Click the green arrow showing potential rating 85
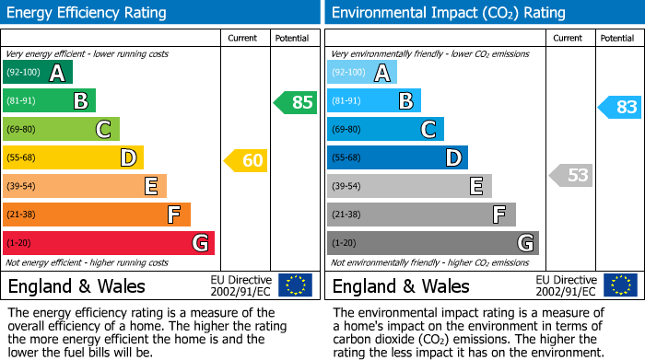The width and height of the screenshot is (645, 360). pos(295,103)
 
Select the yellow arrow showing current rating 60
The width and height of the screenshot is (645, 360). pos(245,161)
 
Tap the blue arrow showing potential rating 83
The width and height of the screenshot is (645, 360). pos(619,108)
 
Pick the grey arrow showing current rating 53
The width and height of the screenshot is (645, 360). pos(570,175)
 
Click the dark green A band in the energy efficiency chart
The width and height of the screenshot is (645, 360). pos(37,73)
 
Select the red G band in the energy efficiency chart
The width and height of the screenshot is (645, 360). pos(108,243)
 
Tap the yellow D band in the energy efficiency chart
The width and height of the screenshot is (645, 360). pos(73,158)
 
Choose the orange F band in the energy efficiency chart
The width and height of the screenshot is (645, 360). pos(96,215)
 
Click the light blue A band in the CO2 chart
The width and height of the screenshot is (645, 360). pos(361,73)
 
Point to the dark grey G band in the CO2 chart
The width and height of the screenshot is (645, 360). pos(432,243)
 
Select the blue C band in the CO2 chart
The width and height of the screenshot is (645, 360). pos(385,129)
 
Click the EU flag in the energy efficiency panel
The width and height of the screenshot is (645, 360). pos(295,285)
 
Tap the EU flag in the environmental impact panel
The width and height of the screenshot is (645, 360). pos(619,285)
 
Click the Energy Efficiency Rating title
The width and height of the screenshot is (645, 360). pos(88,13)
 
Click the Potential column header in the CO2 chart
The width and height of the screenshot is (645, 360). pos(617,38)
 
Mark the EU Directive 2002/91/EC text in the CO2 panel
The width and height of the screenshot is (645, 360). pos(568,285)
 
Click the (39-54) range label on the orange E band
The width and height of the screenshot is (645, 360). pos(21,187)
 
